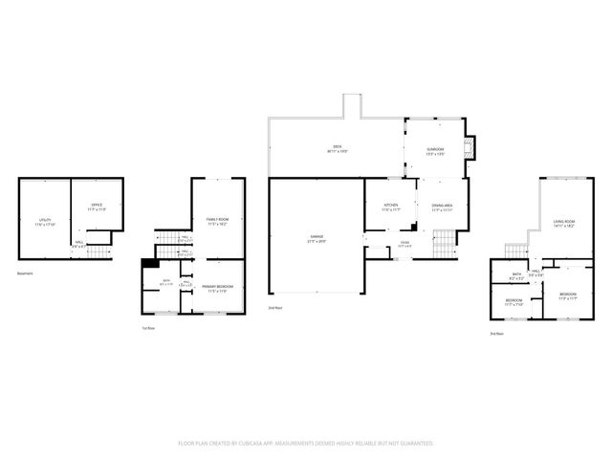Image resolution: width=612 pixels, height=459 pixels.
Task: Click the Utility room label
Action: pyautogui.click(x=45, y=222)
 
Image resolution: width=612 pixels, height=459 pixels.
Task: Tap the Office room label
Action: pyautogui.click(x=96, y=206)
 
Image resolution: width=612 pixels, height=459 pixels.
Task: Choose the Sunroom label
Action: pyautogui.click(x=435, y=151)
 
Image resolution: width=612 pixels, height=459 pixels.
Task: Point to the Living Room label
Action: pyautogui.click(x=563, y=224)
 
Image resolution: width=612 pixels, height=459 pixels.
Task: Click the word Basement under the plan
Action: pyautogui.click(x=27, y=273)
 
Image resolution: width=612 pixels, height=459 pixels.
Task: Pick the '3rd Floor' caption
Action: pyautogui.click(x=495, y=333)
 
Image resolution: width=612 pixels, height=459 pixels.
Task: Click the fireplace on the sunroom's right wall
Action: pyautogui.click(x=468, y=148)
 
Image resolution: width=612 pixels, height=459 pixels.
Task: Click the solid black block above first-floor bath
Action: pyautogui.click(x=149, y=265)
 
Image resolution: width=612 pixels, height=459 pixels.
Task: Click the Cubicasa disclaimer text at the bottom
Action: pyautogui.click(x=306, y=444)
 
